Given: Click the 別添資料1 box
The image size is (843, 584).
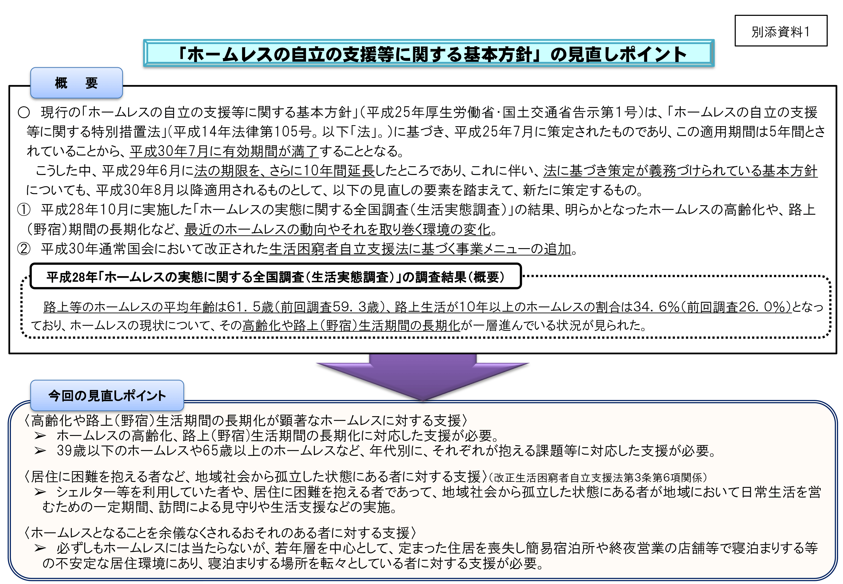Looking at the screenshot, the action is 780,31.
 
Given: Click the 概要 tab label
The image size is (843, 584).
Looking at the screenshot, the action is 77,83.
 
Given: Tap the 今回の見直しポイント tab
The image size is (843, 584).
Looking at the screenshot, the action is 107,396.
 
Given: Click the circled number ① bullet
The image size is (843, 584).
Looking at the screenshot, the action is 24,210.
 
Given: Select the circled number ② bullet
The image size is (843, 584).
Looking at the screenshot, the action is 24,249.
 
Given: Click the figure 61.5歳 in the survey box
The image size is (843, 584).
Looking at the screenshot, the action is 250,307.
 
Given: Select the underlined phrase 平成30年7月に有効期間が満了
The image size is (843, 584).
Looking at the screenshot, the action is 224,151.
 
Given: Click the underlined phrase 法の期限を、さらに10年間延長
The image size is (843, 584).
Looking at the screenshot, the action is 284,171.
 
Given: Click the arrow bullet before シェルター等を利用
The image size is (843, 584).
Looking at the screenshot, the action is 40,492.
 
